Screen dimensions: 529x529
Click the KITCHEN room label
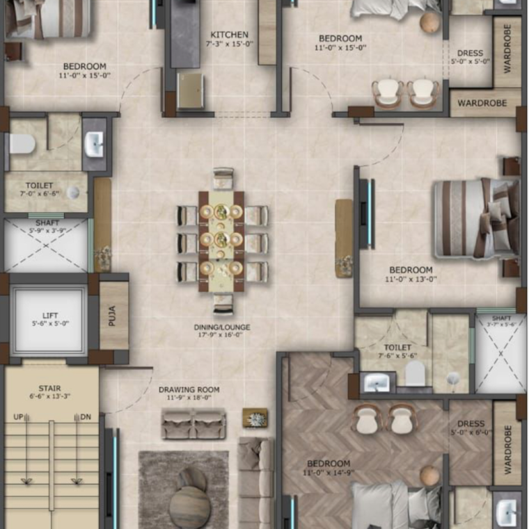click(230, 35)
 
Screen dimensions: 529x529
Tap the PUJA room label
click(112, 316)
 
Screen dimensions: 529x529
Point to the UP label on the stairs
click(19, 417)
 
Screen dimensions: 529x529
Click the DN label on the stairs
click(85, 417)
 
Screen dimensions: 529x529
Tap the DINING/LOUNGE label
click(223, 327)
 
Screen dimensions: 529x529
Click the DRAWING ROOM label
click(189, 389)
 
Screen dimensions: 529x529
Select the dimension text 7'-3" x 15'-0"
click(230, 44)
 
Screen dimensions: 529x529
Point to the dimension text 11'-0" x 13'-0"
click(411, 279)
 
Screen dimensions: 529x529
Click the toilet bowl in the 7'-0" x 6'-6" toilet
click(22, 144)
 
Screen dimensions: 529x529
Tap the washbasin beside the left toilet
click(94, 145)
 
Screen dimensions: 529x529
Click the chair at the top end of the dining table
click(223, 177)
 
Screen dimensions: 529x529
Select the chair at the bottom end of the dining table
click(223, 304)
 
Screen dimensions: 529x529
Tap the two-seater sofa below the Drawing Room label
click(194, 423)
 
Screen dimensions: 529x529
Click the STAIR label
click(49, 389)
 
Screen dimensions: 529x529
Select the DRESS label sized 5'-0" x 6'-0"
click(471, 423)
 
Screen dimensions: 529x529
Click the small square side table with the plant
click(255, 418)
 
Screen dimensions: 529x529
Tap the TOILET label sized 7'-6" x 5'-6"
click(397, 347)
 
